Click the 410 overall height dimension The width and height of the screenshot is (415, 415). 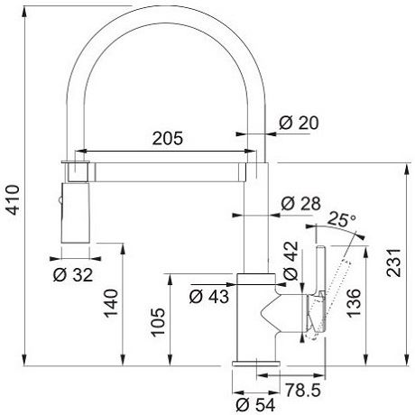click(14, 199)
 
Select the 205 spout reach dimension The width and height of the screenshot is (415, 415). click(168, 138)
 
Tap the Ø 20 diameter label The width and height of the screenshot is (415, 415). click(299, 123)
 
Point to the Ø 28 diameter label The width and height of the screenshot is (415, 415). click(301, 204)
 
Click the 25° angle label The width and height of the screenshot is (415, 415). click(342, 219)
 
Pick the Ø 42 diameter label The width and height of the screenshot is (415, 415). click(290, 261)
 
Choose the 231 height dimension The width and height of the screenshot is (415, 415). click(394, 263)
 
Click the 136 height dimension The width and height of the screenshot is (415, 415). click(354, 303)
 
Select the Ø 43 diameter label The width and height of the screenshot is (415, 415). click(209, 297)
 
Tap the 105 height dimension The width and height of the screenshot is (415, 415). click(158, 322)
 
